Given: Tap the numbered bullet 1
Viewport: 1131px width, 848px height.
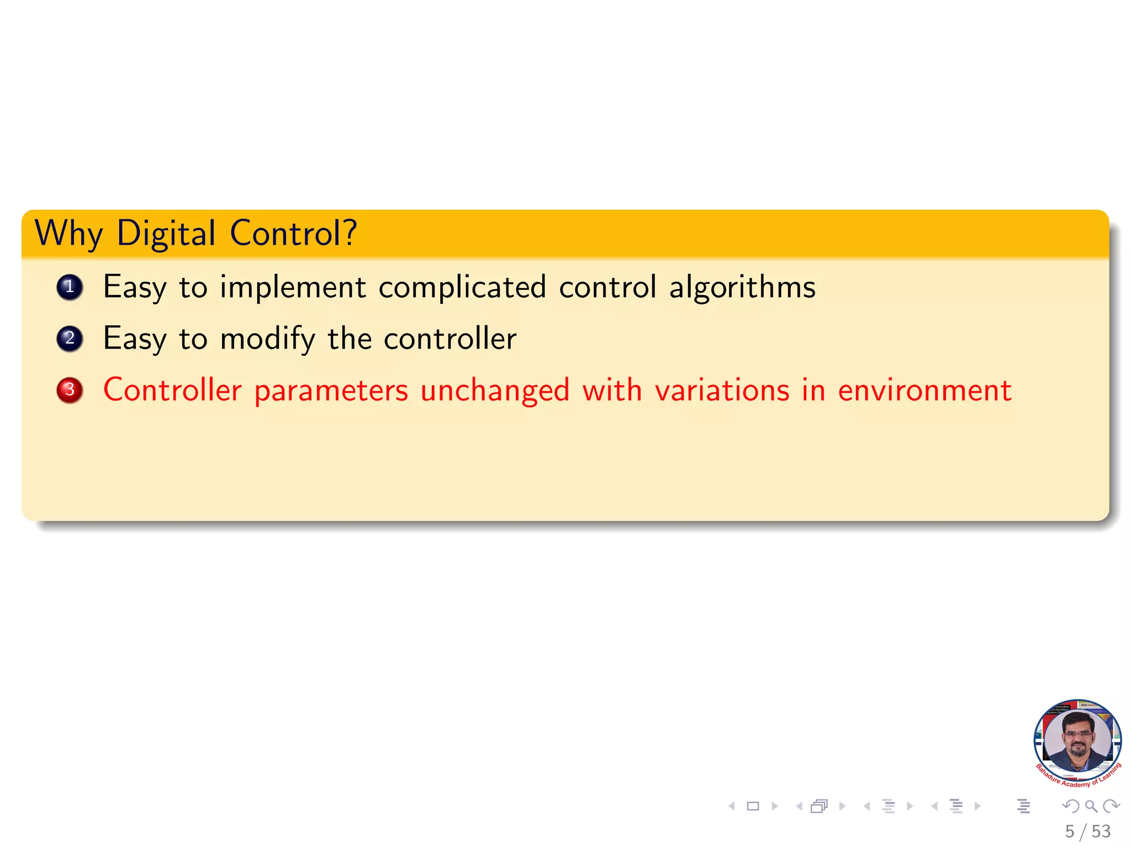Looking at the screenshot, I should (x=70, y=287).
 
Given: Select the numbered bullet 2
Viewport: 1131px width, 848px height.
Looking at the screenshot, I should (x=70, y=338).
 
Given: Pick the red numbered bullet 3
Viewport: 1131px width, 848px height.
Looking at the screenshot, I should (x=70, y=390).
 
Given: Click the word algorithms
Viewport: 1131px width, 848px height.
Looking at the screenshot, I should (x=742, y=287).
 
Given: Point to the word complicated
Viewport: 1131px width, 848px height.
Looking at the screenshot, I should (x=462, y=287).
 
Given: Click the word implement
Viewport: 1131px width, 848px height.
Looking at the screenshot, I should (x=293, y=287).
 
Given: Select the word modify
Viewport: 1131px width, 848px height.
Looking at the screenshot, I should (x=267, y=338).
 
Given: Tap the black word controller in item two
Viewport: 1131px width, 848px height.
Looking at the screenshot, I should (x=450, y=338).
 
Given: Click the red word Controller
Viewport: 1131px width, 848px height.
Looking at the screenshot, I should (x=172, y=390).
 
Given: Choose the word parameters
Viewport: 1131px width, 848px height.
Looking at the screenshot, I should (x=331, y=391).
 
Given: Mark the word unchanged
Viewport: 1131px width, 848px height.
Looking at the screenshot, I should (x=495, y=390).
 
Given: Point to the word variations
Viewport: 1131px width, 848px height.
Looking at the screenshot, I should (x=722, y=390).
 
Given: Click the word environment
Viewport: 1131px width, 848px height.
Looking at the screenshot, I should (x=924, y=390).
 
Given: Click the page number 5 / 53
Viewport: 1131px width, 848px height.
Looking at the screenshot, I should (x=1087, y=831).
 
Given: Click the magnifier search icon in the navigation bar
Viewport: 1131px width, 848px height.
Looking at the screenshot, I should (x=1091, y=806).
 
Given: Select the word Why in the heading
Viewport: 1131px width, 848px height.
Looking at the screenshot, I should (x=68, y=233).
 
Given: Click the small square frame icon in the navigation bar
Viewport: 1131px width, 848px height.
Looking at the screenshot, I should (x=753, y=806).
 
